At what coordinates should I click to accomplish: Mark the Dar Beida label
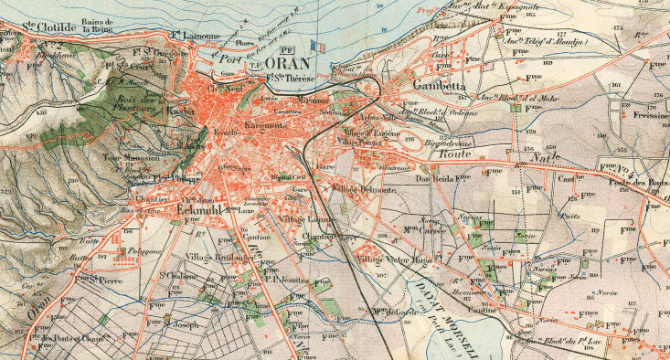click(436, 178)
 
